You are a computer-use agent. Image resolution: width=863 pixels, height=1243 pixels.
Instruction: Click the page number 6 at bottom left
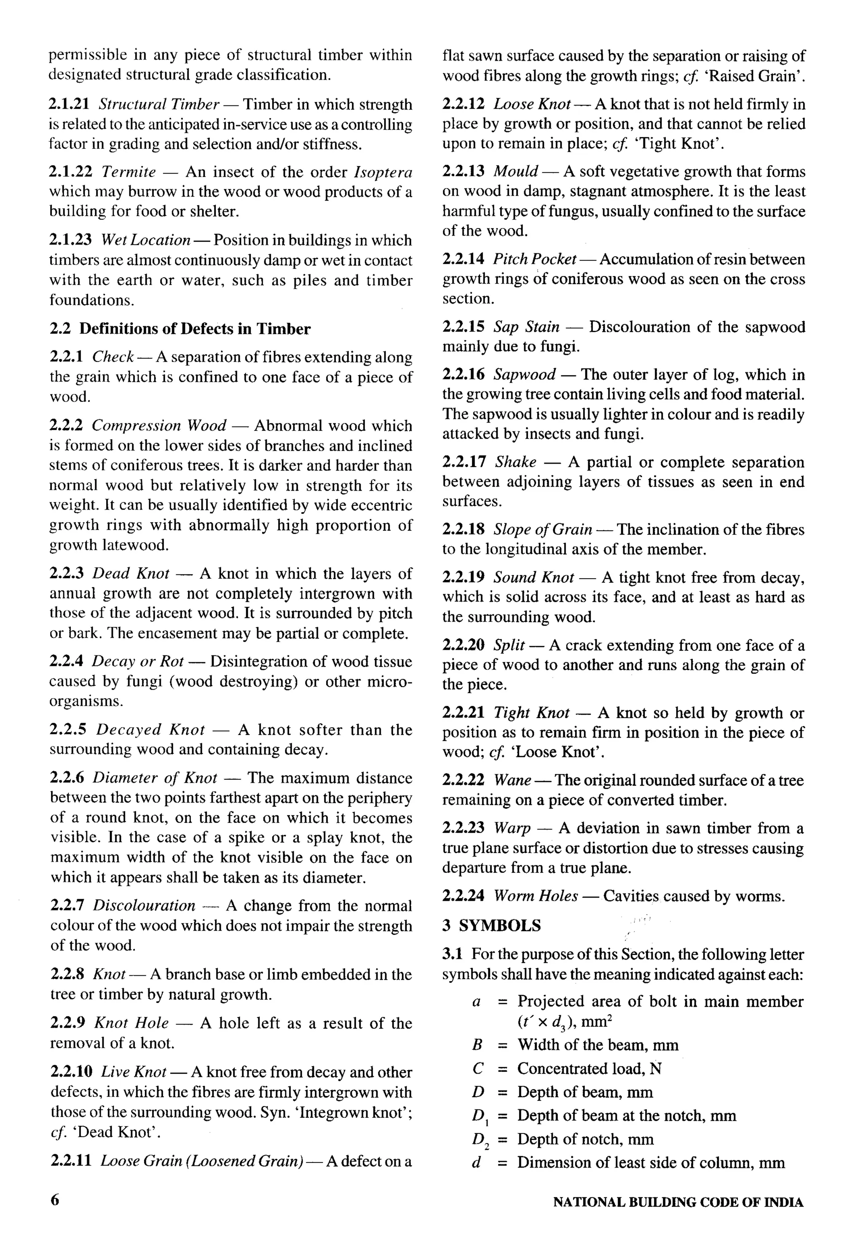click(x=55, y=1200)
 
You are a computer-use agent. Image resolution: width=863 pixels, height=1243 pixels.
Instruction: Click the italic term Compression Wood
click(x=159, y=426)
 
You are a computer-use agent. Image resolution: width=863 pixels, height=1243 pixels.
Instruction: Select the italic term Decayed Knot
click(x=151, y=730)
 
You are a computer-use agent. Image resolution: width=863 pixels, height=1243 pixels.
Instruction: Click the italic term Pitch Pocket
click(x=534, y=260)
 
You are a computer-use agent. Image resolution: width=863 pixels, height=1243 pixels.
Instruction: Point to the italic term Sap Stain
click(x=527, y=327)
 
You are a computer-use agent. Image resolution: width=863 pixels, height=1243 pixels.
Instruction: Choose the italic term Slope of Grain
click(x=542, y=529)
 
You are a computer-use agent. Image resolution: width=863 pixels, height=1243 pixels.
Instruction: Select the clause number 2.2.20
click(x=464, y=645)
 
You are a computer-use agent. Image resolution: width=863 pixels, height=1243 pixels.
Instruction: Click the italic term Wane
click(x=512, y=780)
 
